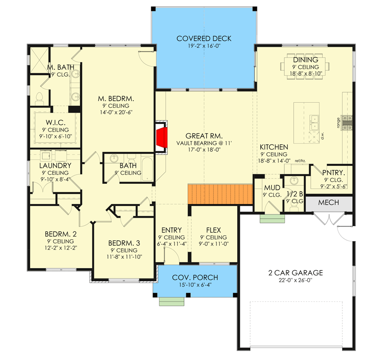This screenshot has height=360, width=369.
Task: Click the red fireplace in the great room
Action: tap(162, 137)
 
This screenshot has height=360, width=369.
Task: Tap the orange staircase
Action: tap(220, 194)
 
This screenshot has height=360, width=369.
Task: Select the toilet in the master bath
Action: tap(39, 99)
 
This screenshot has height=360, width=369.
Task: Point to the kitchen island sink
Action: tap(314, 123)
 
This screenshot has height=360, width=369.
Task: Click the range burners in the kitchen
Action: tap(347, 123)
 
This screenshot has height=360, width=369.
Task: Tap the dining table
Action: tap(305, 66)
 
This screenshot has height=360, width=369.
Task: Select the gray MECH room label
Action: tap(328, 202)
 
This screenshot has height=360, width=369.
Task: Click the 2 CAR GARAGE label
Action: tap(296, 273)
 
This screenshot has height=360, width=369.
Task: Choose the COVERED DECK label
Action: tap(204, 38)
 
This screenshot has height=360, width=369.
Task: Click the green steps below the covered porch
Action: tap(171, 301)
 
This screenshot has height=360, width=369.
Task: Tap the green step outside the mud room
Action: tap(272, 219)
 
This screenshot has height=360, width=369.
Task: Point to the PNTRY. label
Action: tap(333, 173)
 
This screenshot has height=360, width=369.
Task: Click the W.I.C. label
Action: tap(55, 123)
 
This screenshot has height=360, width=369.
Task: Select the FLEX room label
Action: tap(213, 230)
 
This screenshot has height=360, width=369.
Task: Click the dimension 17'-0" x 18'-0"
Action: tap(204, 150)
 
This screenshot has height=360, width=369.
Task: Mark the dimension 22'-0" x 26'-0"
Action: tap(295, 280)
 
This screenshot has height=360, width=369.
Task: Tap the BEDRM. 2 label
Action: tap(61, 234)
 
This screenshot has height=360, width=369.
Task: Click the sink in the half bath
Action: tap(294, 181)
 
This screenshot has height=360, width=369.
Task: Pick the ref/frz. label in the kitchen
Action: tap(300, 161)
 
